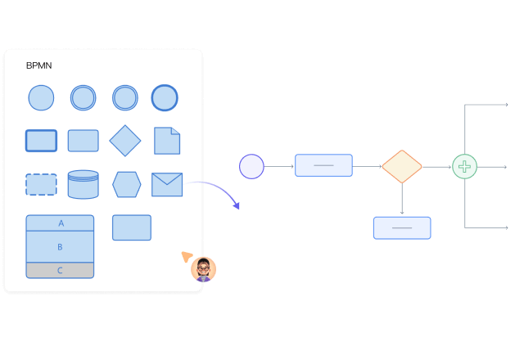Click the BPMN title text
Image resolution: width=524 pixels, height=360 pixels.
coord(38,65)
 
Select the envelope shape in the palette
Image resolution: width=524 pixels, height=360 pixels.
coord(167,184)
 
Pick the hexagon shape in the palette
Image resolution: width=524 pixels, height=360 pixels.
coord(126,184)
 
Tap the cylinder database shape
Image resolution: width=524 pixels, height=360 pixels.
coord(83,184)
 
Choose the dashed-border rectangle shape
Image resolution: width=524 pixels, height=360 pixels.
coord(41,184)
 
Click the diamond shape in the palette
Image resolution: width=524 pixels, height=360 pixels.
coord(125,141)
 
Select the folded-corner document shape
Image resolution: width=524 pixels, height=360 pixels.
coord(167,141)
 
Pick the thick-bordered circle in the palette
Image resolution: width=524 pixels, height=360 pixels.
coord(165,98)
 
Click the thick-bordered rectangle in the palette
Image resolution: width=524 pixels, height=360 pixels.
coord(41,141)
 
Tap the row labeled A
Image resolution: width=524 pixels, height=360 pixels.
coord(60,223)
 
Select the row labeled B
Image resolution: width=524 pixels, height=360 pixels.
coord(60,246)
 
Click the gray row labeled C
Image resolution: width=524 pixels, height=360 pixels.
coord(60,270)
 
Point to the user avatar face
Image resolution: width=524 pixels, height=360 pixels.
coord(203,268)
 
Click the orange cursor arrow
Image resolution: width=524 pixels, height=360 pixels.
coord(187,256)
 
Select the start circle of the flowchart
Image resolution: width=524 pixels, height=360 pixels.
coord(251,166)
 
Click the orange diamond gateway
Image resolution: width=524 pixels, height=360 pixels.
coord(402,166)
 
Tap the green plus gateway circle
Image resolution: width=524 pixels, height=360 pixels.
coord(464,166)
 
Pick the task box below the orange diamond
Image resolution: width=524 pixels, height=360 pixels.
coord(402,227)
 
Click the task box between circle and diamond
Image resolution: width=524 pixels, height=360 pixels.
coord(323,165)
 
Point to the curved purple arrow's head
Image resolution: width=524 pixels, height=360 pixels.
coord(237,205)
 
